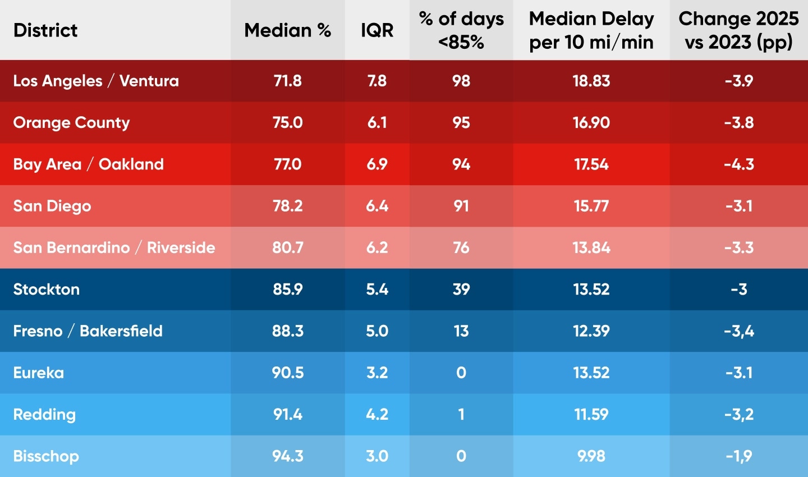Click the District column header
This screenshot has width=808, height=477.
pyautogui.click(x=45, y=30)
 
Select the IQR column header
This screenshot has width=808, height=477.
pyautogui.click(x=377, y=30)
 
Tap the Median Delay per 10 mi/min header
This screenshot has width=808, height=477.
pyautogui.click(x=591, y=30)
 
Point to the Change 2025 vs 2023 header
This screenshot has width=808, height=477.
pyautogui.click(x=738, y=30)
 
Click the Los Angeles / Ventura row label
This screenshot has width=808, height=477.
pyautogui.click(x=96, y=81)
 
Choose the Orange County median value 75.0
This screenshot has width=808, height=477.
pyautogui.click(x=287, y=122)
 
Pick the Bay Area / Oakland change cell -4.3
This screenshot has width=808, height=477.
pyautogui.click(x=738, y=164)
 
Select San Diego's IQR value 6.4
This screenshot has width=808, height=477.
pyautogui.click(x=377, y=206)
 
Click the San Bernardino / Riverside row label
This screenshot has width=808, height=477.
pyautogui.click(x=114, y=247)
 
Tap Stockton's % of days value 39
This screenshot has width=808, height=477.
pyautogui.click(x=461, y=290)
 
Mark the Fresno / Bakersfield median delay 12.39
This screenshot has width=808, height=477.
pyautogui.click(x=591, y=331)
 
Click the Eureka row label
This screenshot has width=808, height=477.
pyautogui.click(x=39, y=373)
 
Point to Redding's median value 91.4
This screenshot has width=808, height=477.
pyautogui.click(x=287, y=415)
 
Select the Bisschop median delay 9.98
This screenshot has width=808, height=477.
pyautogui.click(x=591, y=456)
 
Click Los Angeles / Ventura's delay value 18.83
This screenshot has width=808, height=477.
pyautogui.click(x=591, y=81)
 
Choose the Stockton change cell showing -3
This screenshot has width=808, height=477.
pyautogui.click(x=738, y=290)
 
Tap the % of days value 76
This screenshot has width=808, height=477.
pyautogui.click(x=461, y=247)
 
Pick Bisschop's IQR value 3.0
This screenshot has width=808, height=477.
pyautogui.click(x=377, y=456)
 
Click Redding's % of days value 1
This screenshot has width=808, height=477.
pyautogui.click(x=461, y=415)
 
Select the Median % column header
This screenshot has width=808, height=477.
pyautogui.click(x=287, y=30)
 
